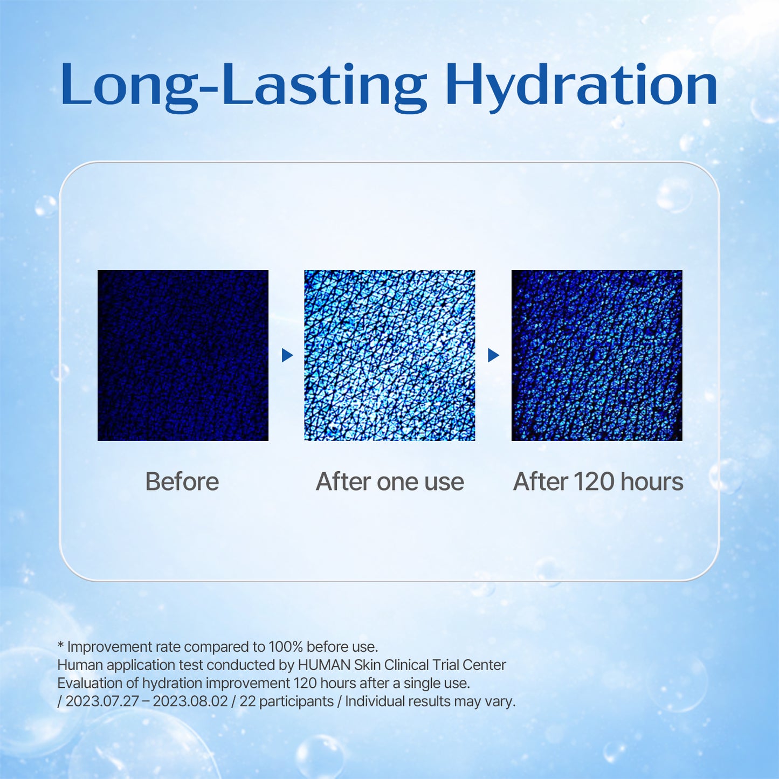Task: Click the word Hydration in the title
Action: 581,85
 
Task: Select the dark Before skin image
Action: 183,355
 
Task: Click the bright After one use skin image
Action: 390,355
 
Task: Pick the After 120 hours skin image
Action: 597,355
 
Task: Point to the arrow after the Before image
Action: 287,355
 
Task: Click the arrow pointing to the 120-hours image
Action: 493,355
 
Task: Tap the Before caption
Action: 182,481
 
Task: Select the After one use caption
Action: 390,481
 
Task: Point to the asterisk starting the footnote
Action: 61,646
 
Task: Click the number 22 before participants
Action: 247,701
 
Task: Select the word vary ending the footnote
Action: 501,701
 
